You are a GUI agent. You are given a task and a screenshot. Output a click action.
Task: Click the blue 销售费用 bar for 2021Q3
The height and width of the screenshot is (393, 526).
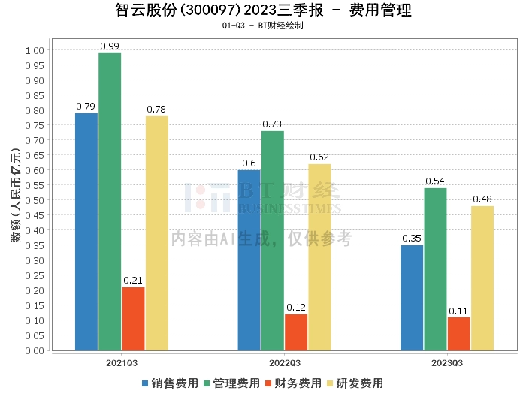[86, 231]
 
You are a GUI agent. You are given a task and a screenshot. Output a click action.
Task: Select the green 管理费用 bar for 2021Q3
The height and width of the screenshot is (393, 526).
[110, 201]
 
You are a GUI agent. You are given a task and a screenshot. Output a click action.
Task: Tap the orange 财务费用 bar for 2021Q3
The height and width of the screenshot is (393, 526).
[133, 318]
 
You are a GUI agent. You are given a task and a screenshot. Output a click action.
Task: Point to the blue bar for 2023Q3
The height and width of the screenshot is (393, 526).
[412, 297]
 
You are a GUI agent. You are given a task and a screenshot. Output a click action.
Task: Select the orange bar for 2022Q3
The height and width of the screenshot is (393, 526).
[296, 331]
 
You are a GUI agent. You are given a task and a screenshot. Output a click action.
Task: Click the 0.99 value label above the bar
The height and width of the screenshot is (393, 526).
[110, 46]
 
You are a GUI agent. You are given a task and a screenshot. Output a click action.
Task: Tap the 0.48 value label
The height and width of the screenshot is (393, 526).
[482, 199]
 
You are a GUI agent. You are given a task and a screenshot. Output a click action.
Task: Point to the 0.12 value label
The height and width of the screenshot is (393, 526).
[296, 307]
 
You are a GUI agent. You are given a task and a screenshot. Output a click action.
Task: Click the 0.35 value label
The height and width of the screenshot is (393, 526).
[412, 238]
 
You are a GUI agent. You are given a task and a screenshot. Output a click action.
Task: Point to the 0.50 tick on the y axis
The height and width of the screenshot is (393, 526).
[35, 200]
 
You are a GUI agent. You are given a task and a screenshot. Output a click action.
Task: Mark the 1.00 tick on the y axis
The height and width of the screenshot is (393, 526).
[35, 50]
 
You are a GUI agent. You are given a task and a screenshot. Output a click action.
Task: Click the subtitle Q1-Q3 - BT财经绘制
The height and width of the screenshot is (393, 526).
[263, 25]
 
